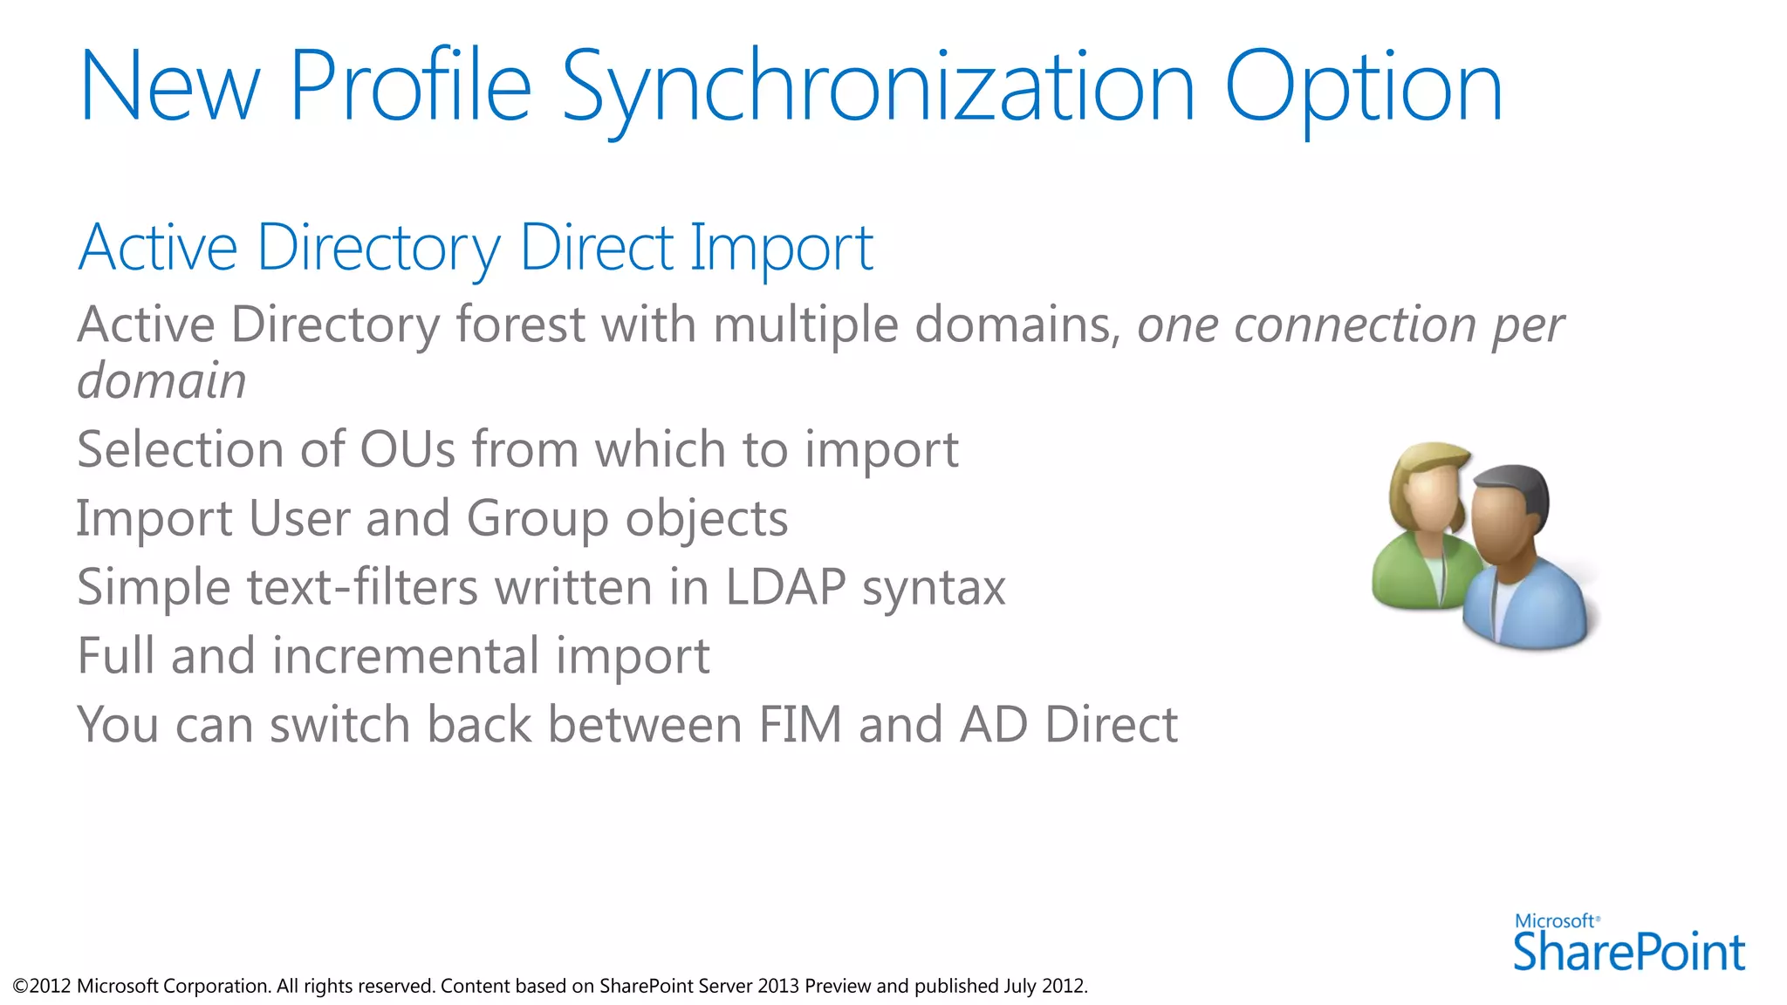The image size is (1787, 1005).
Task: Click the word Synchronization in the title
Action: click(x=877, y=87)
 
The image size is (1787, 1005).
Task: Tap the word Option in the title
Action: click(x=1363, y=87)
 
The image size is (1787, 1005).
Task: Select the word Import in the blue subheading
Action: click(x=781, y=248)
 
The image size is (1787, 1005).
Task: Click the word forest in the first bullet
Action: click(x=520, y=325)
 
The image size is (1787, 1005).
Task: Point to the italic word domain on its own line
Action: click(x=161, y=381)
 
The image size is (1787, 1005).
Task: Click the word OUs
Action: click(x=407, y=450)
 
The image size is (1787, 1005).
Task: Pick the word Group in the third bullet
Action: click(x=537, y=519)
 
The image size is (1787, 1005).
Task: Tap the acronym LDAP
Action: click(x=785, y=587)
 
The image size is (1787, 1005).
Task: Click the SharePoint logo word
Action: click(x=1628, y=953)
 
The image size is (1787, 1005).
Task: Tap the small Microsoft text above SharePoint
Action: click(x=1555, y=921)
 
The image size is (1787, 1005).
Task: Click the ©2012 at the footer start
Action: click(x=42, y=987)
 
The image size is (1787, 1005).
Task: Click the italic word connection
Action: click(x=1353, y=325)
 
